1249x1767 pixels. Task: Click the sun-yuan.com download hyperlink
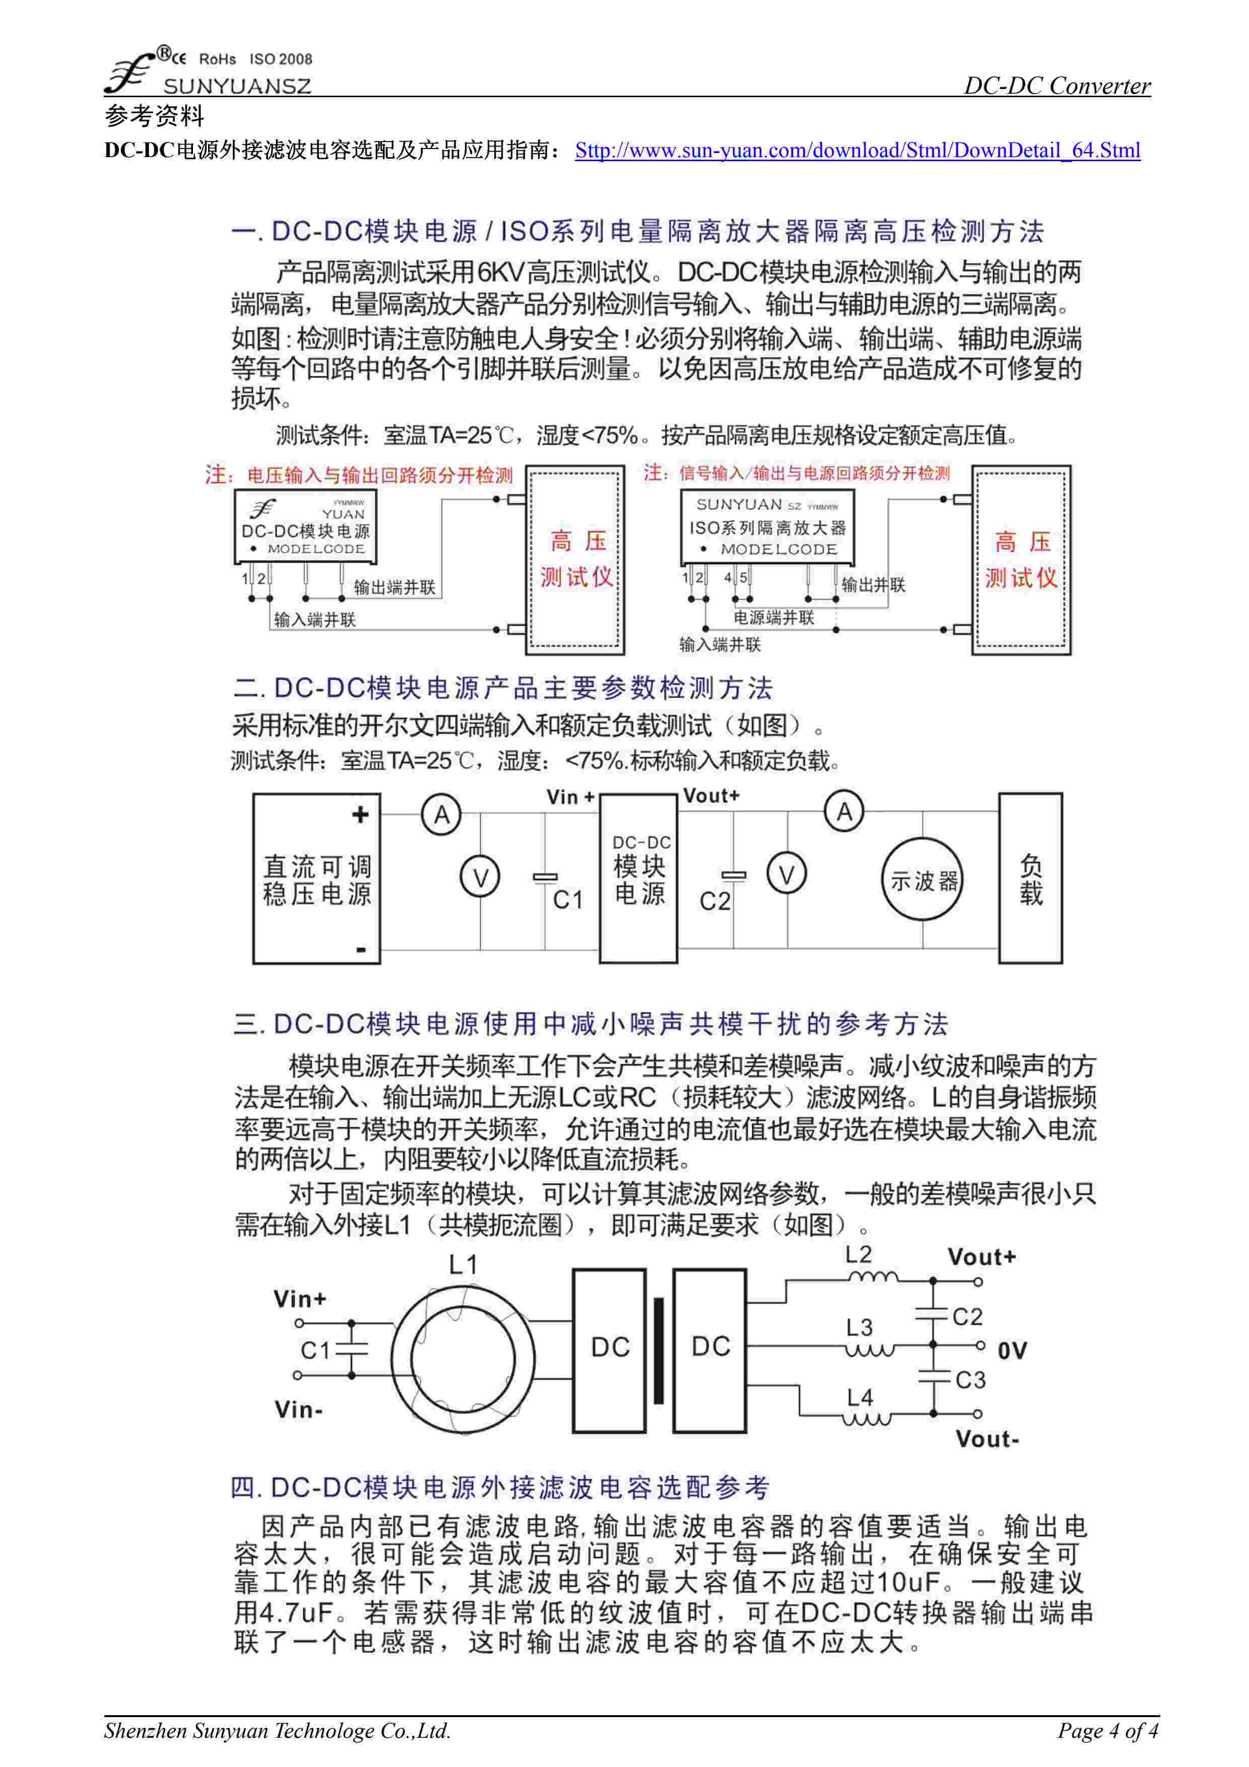pyautogui.click(x=858, y=150)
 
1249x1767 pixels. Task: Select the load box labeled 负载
pyautogui.click(x=1030, y=879)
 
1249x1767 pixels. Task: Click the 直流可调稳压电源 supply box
pyautogui.click(x=316, y=879)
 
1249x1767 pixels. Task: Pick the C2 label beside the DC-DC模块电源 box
pyautogui.click(x=714, y=901)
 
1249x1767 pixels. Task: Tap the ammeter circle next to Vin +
pyautogui.click(x=441, y=814)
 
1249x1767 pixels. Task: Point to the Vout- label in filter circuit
pyautogui.click(x=988, y=1439)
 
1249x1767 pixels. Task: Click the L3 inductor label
pyautogui.click(x=859, y=1328)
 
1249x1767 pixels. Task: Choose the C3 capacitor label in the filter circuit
pyautogui.click(x=970, y=1380)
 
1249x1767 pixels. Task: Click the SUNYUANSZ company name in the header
pyautogui.click(x=237, y=86)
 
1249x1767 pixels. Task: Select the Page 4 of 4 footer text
pyautogui.click(x=1106, y=1731)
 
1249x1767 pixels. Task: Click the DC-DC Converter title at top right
pyautogui.click(x=1058, y=86)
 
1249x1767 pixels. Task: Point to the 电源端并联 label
pyautogui.click(x=773, y=617)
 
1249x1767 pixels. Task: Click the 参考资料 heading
pyautogui.click(x=155, y=116)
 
